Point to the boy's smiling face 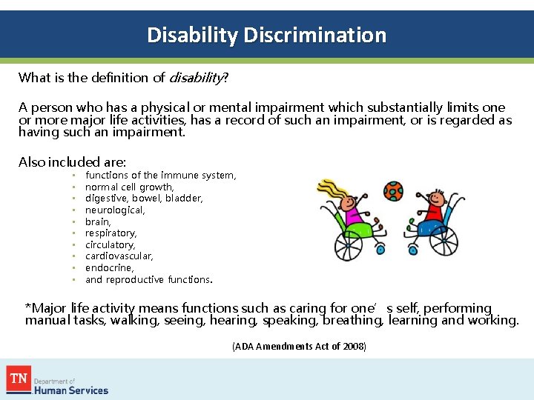[437, 199]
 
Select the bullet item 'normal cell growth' [129, 187]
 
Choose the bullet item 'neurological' [115, 210]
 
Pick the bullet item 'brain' [98, 221]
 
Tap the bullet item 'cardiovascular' [119, 256]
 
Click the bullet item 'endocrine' [109, 268]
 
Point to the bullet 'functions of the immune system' [160, 176]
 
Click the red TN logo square [19, 380]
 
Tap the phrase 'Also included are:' [73, 161]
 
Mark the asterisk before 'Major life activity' [27, 307]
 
